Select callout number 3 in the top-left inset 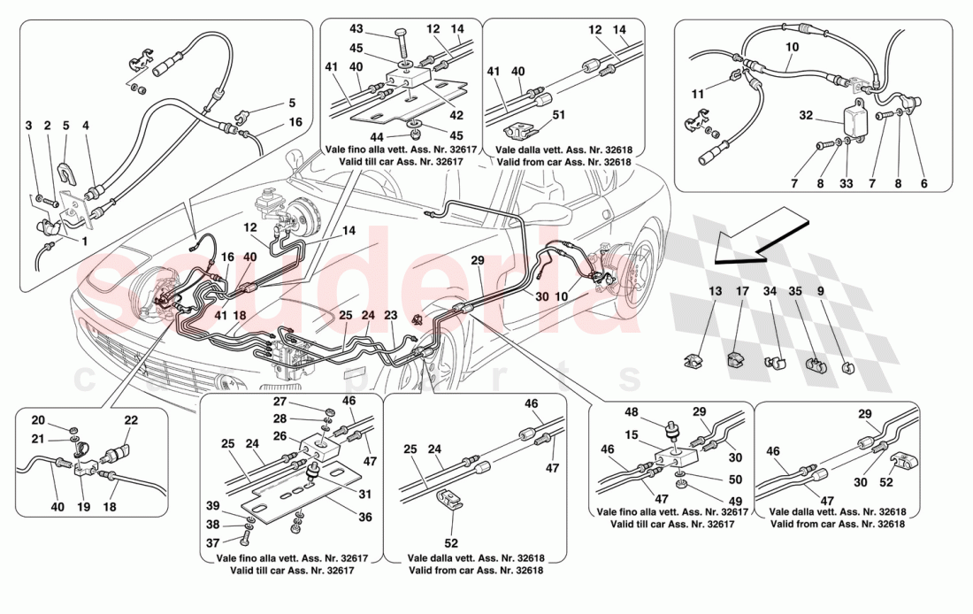[27, 127]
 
